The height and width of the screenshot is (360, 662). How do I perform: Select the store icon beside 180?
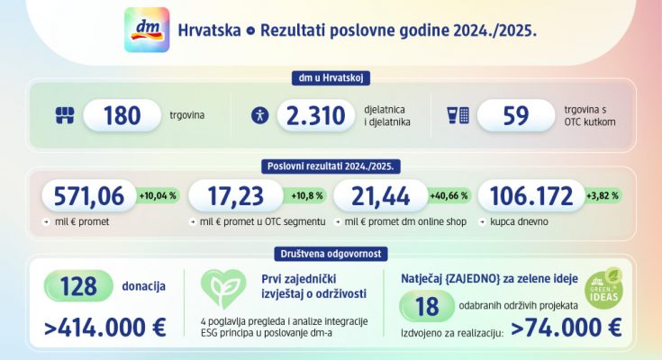coord(63,115)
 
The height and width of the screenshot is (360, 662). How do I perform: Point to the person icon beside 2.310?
coord(260,115)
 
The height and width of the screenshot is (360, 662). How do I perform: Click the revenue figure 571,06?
coord(87,195)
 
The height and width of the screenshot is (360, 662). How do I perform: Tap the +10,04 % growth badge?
coord(158,195)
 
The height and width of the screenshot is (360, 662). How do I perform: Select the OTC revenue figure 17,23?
coord(234,195)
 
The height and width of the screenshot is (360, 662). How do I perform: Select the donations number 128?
coord(78,285)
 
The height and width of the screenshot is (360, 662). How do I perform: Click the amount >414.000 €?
coord(104,327)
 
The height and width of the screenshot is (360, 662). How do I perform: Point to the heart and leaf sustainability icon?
coord(222,289)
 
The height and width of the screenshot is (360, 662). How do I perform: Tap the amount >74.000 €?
coord(566,328)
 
